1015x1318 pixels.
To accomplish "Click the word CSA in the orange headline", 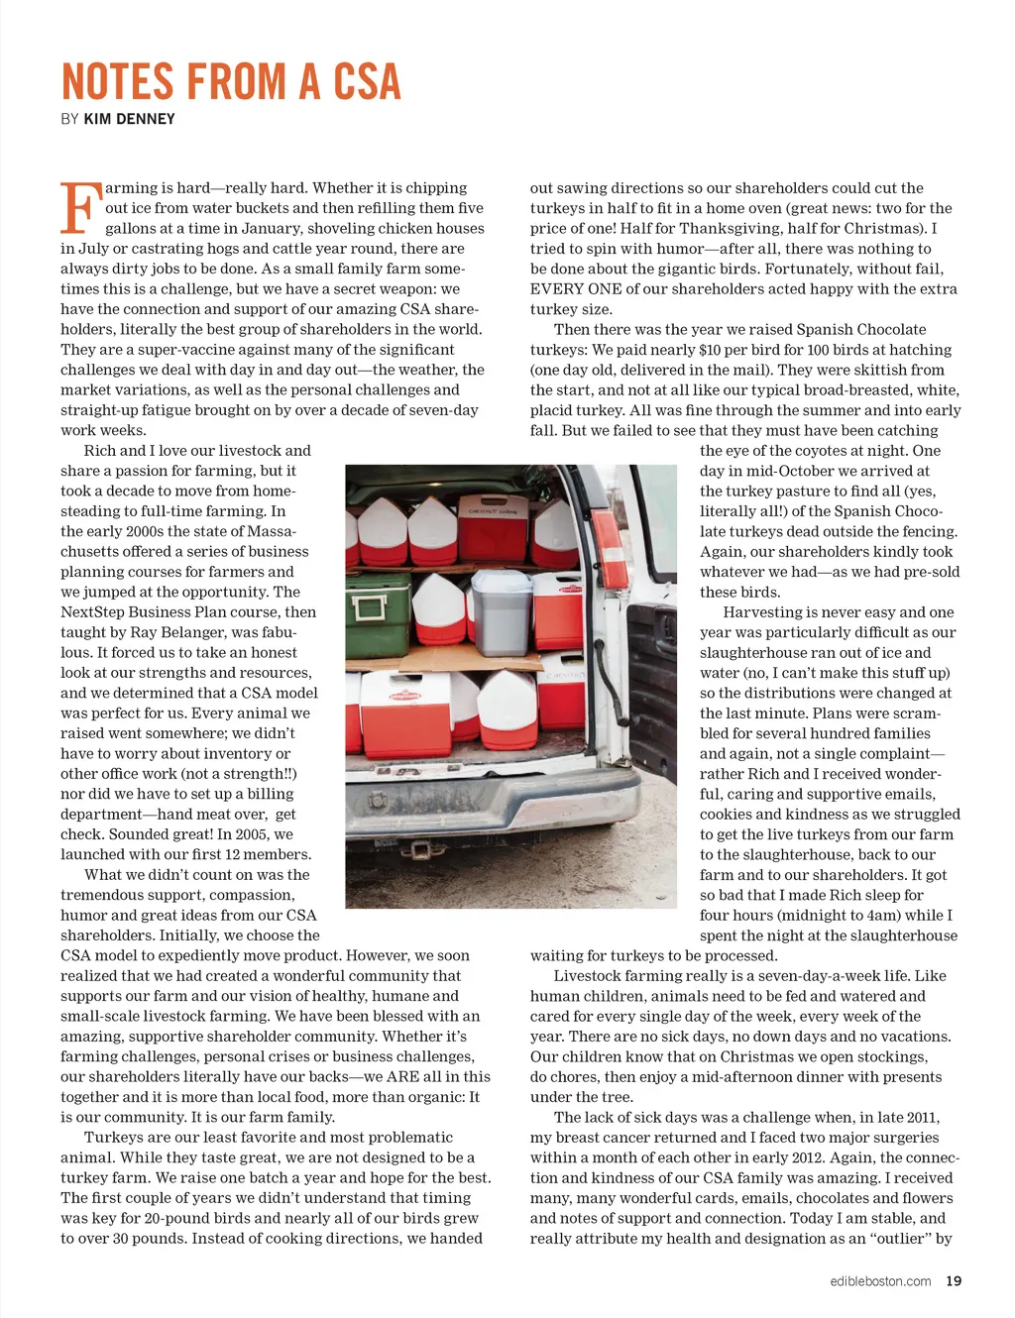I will tap(366, 82).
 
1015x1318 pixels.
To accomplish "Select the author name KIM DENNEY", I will tap(129, 119).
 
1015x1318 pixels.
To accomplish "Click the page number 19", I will tap(954, 1280).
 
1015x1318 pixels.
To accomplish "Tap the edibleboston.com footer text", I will tap(880, 1280).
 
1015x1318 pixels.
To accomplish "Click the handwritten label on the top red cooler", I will tap(493, 510).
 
